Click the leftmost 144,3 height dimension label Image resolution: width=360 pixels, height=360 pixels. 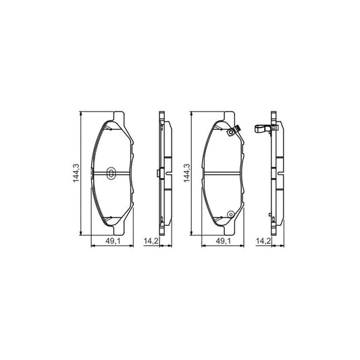[76, 173]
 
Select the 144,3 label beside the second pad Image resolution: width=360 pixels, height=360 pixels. [186, 173]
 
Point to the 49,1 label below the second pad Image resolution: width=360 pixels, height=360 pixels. [222, 241]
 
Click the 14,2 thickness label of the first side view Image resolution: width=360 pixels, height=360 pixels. [151, 241]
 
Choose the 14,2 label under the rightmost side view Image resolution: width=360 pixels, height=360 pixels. [263, 241]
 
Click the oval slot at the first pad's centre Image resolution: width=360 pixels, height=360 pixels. [111, 173]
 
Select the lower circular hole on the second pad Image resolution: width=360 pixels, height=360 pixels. [230, 214]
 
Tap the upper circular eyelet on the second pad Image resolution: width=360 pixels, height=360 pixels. [230, 132]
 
